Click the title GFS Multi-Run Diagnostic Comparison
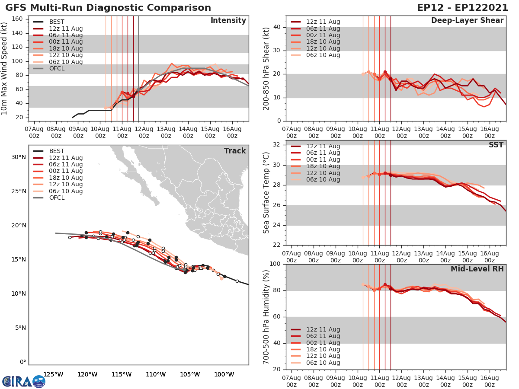(x=108, y=8)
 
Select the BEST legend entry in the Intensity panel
(x=56, y=22)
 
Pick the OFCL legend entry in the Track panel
(x=56, y=198)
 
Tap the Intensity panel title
(x=228, y=21)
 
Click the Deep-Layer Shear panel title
(x=467, y=21)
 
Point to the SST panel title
(x=495, y=145)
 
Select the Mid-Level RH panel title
(x=477, y=269)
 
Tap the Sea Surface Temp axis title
(x=266, y=193)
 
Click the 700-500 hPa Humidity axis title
(x=266, y=317)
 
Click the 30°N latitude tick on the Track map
(x=19, y=157)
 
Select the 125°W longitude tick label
(x=54, y=374)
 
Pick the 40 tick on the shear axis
(x=277, y=27)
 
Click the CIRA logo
(x=23, y=381)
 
